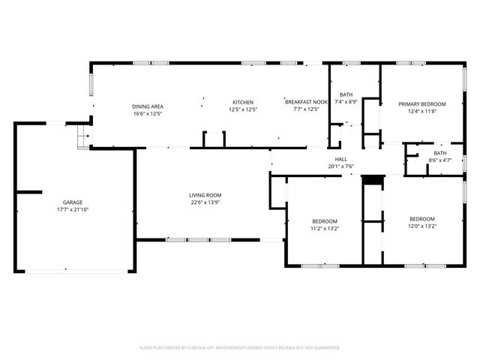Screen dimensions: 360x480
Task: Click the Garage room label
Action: [73, 202]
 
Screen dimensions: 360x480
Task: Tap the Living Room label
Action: [204, 195]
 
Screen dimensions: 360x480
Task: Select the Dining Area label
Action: [148, 106]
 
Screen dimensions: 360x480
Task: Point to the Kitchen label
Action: [242, 103]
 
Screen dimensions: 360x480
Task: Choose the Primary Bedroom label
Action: [421, 104]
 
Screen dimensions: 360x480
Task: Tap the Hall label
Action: [340, 159]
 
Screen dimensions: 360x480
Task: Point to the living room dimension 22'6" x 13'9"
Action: [204, 202]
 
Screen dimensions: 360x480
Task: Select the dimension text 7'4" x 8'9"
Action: [346, 101]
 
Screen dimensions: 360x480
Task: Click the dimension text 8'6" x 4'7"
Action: [439, 160]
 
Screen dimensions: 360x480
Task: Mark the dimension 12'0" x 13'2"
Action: [421, 226]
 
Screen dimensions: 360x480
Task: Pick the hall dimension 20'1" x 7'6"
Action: [340, 166]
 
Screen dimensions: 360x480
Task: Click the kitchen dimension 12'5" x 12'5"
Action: [242, 110]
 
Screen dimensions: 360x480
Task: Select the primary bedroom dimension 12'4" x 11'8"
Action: [421, 112]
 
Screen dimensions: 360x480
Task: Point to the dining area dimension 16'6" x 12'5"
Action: [148, 113]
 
